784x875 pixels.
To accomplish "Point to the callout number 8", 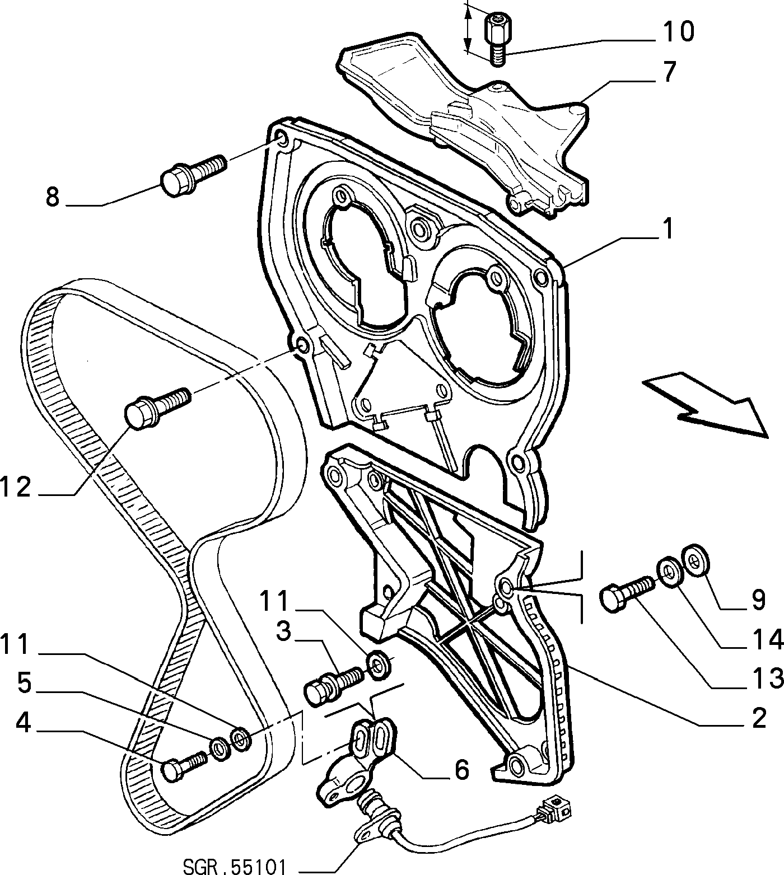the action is click(x=53, y=197).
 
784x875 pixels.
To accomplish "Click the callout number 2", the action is click(x=758, y=718).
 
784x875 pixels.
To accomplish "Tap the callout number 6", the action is click(x=461, y=770).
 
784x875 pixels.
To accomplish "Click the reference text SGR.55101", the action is click(x=235, y=866).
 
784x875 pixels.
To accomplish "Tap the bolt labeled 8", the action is click(x=193, y=174).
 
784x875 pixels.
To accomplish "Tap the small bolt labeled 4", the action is click(x=184, y=765).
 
